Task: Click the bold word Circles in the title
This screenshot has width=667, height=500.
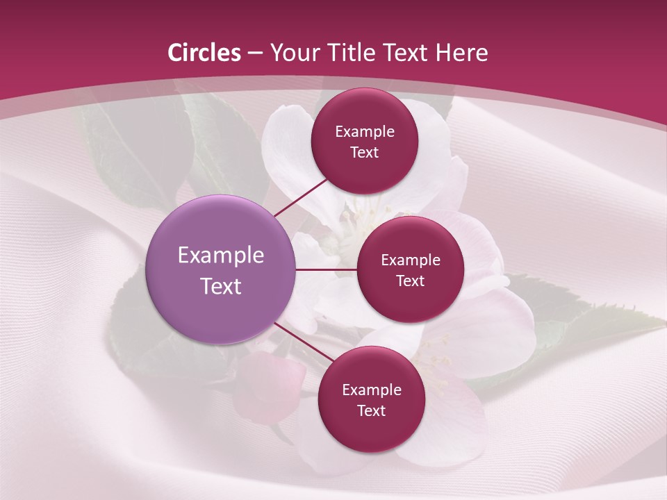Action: [204, 53]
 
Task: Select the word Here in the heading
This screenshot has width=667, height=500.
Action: [461, 53]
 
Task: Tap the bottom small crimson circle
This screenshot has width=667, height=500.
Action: [371, 431]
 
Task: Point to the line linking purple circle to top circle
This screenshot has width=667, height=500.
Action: [302, 197]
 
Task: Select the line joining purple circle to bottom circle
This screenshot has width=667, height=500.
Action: [299, 340]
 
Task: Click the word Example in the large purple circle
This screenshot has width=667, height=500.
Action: [221, 256]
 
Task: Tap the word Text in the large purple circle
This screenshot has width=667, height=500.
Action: [221, 286]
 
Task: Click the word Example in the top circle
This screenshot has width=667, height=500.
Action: [365, 132]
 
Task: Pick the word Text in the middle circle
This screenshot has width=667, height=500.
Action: [410, 281]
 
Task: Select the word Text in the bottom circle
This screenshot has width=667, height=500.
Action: [371, 410]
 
